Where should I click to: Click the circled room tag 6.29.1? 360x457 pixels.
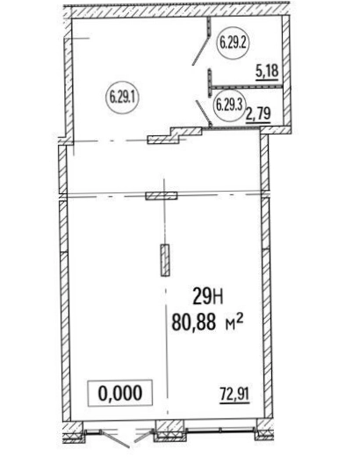point(122,98)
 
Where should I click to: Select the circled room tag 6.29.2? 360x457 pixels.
point(233,44)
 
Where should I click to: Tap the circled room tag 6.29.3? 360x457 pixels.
point(228,105)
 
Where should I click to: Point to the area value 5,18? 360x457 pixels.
point(267,71)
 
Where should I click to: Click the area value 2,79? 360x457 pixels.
point(258,113)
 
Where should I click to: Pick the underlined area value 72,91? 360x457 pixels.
point(234,395)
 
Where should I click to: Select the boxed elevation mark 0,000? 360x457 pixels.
point(120,393)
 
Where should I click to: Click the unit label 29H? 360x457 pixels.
point(207,298)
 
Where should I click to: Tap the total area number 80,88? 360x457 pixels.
point(194,322)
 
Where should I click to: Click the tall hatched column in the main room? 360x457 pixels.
point(165,260)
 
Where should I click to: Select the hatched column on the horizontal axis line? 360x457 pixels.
point(162,195)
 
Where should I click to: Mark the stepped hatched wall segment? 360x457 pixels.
point(175,135)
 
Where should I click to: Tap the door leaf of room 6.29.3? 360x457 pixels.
point(203,112)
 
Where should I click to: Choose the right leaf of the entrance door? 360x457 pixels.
point(143,436)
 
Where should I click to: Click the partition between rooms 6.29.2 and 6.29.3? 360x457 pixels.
point(246,87)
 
